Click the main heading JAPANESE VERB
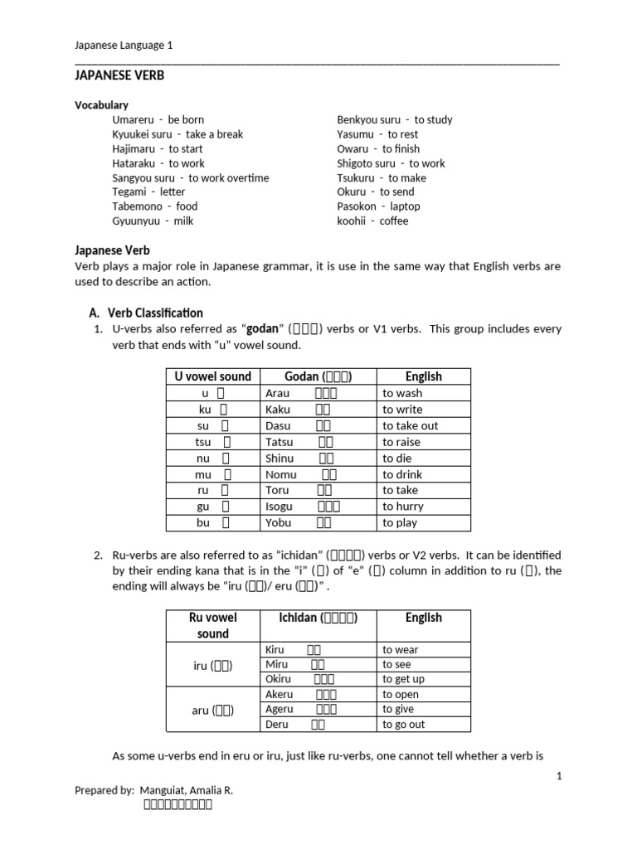click(119, 75)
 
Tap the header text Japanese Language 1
click(124, 46)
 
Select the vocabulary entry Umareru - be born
click(158, 119)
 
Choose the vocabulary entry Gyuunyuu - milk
click(153, 221)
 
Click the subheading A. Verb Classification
click(145, 313)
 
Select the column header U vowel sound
click(212, 376)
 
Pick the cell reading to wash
click(402, 393)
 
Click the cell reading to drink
click(402, 474)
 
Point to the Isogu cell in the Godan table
click(280, 507)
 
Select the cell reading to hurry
click(403, 507)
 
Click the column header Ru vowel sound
click(212, 625)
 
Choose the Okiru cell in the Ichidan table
click(278, 679)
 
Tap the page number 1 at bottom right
click(559, 775)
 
